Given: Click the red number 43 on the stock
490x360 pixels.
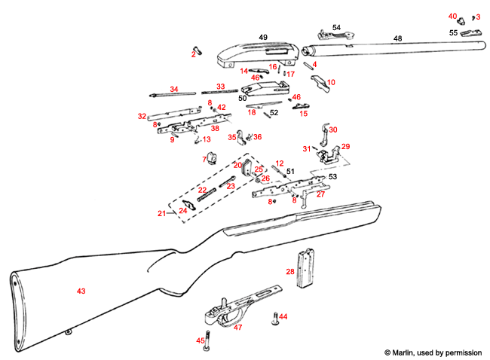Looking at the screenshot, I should (81, 290).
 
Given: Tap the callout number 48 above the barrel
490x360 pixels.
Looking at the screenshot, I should (397, 38).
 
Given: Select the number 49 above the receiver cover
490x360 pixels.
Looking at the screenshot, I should (263, 37).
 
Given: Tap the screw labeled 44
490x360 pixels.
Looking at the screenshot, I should (274, 320).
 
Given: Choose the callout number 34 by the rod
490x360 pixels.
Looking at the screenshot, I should (173, 89).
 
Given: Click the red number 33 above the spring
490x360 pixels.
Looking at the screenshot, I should (221, 87).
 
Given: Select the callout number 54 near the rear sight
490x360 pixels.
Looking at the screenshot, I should (336, 27).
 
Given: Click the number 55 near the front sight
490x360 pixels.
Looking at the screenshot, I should (453, 33).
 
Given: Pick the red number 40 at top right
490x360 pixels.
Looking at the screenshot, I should (452, 16).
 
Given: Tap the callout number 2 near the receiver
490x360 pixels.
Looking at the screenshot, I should (194, 53).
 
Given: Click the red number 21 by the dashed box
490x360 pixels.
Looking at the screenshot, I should (161, 214).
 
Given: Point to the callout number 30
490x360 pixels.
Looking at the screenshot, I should (332, 130).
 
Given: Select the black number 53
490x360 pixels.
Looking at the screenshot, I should (332, 176).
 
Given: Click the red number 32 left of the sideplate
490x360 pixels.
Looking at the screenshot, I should (141, 116).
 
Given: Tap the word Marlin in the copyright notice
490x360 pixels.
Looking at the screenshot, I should (405, 352).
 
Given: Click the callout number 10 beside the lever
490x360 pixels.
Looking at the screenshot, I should (331, 81).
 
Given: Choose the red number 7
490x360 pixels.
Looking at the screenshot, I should (204, 159).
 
